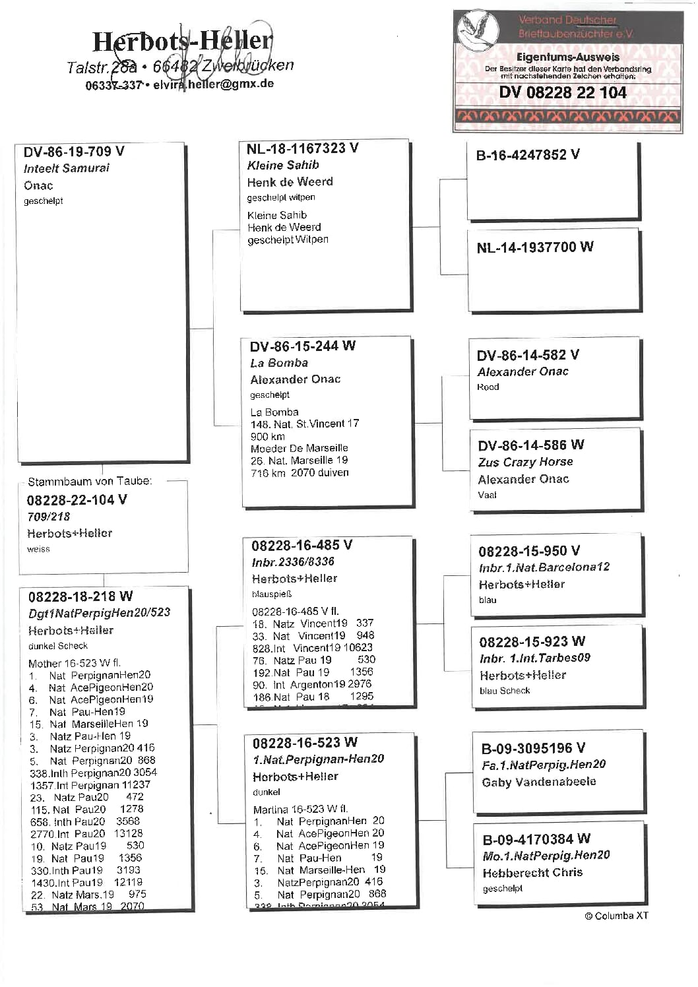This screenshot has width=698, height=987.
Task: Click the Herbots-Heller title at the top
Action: click(x=181, y=42)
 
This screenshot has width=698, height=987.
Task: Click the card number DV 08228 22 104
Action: click(x=563, y=92)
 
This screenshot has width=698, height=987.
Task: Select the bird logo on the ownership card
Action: click(x=477, y=30)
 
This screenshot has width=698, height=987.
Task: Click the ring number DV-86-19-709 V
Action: click(x=74, y=152)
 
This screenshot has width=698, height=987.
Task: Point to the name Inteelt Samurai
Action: click(x=67, y=168)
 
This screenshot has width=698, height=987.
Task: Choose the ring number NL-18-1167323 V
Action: click(x=302, y=148)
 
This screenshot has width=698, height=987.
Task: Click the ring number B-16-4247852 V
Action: click(x=528, y=155)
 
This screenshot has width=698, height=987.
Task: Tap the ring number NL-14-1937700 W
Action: click(x=534, y=247)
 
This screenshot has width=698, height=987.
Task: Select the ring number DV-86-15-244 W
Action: click(x=302, y=346)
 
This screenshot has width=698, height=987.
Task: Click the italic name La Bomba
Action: click(x=278, y=363)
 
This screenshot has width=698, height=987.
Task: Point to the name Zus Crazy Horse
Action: click(x=525, y=462)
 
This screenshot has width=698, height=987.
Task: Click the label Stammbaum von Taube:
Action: click(x=90, y=481)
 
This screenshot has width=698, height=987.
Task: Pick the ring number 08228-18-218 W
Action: click(x=80, y=596)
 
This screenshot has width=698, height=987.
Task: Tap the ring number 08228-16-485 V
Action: click(x=301, y=545)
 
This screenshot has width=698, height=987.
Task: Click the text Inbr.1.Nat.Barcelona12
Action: click(x=544, y=567)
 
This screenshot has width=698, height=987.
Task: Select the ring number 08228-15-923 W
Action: click(x=532, y=641)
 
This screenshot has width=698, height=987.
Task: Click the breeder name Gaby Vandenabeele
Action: click(x=538, y=782)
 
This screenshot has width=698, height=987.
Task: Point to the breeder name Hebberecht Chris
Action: click(x=532, y=872)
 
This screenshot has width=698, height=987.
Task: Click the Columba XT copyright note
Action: click(x=616, y=916)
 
